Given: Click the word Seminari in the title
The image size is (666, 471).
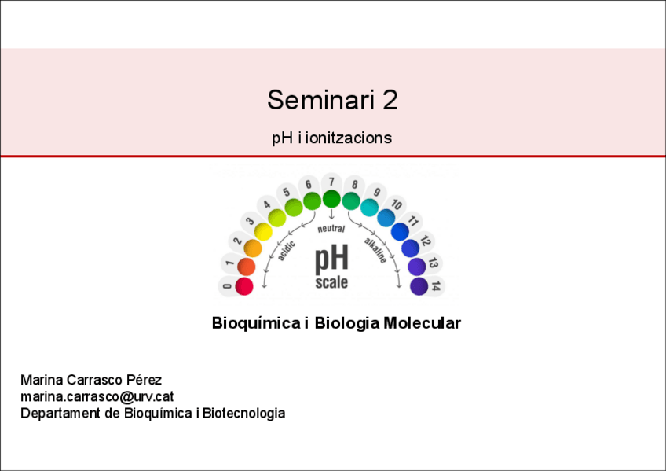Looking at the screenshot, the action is [320, 100].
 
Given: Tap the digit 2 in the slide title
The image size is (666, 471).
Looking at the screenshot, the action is [390, 100].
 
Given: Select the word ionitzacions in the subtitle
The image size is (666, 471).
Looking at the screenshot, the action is [348, 138].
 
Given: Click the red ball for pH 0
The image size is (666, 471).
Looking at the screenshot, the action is [244, 286].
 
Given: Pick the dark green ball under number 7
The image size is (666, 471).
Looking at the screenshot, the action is [331, 199].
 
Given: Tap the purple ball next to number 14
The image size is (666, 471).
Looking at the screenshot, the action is [419, 286].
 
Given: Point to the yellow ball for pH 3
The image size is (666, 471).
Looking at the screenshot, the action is [263, 232].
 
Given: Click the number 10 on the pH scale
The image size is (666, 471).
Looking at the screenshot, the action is [397, 204].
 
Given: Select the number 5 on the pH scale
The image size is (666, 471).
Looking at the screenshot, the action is [287, 192].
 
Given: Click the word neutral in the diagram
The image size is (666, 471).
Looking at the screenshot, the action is [331, 229].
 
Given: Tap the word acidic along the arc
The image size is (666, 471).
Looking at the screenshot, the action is [287, 251].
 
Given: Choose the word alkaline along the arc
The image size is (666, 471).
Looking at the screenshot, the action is [376, 250].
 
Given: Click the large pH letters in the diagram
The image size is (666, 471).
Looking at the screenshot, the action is [331, 259].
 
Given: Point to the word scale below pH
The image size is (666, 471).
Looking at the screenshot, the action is [331, 282].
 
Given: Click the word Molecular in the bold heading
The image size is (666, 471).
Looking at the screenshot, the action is [423, 323].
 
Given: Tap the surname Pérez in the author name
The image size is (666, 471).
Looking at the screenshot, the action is [144, 380].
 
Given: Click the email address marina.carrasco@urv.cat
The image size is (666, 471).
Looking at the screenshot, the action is [97, 396].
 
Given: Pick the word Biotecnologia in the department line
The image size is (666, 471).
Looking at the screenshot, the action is [243, 413].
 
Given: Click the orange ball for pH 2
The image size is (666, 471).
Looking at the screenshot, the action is [253, 248].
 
